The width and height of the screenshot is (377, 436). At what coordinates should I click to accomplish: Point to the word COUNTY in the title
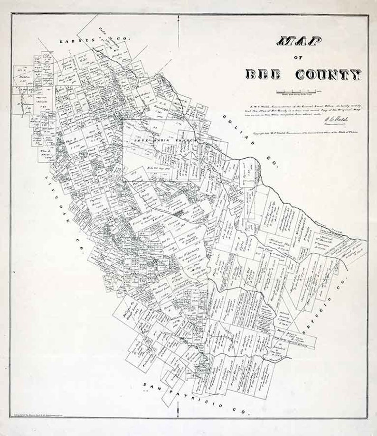328,74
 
